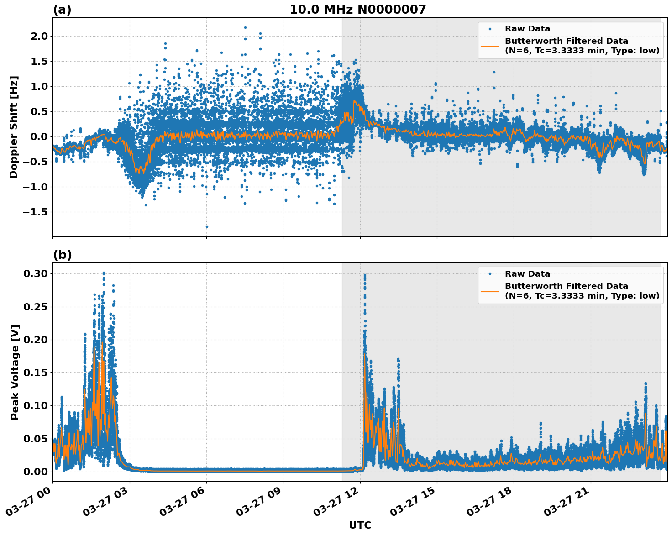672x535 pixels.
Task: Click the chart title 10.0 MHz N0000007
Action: (357, 10)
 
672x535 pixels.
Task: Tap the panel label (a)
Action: (62, 10)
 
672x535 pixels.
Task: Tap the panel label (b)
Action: (62, 255)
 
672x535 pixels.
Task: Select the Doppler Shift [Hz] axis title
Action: (14, 127)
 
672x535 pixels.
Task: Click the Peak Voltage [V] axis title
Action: (15, 372)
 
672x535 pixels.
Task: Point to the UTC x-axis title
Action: (360, 525)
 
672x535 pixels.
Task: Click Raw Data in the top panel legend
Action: (527, 29)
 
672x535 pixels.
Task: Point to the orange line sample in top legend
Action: (490, 46)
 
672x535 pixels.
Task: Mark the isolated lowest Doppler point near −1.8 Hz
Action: (207, 226)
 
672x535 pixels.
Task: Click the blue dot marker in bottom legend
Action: (490, 274)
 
